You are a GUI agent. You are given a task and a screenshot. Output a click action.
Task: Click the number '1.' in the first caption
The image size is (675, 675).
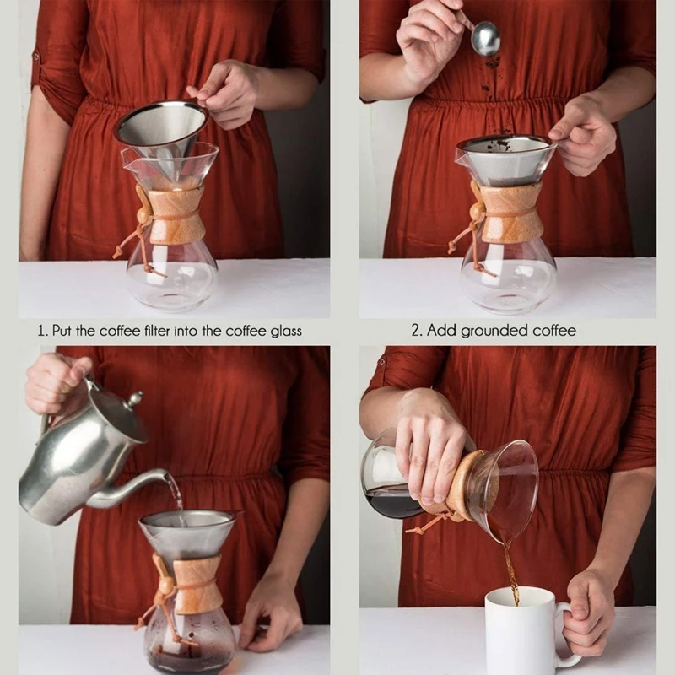coord(42,331)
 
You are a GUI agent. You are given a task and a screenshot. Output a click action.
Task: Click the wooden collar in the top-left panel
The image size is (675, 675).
coord(176,216)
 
